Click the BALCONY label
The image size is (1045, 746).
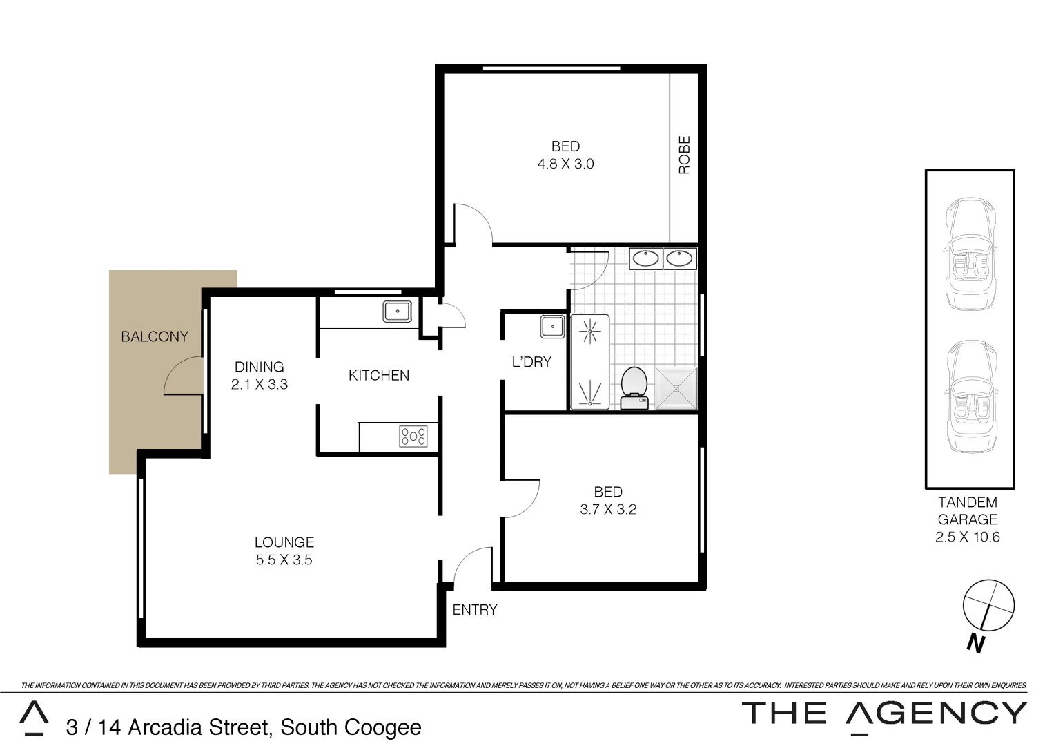pos(154,336)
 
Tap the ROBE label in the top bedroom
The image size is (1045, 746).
pos(684,155)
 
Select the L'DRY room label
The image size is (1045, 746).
pos(531,361)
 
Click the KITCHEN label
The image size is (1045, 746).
pos(378,375)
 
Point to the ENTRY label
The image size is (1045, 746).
pos(474,610)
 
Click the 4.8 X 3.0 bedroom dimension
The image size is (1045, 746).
pos(565,164)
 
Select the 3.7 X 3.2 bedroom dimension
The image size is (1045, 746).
pos(608,510)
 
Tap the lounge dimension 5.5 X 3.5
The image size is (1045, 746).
pos(284,560)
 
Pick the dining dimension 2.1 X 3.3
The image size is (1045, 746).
pos(259,385)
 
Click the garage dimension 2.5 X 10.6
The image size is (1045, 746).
pos(967,537)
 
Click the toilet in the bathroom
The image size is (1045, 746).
pos(633,387)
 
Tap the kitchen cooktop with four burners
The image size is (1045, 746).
pos(413,437)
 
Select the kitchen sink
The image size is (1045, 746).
pos(398,312)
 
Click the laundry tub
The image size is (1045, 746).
pos(552,327)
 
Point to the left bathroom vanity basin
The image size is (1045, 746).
pos(646,258)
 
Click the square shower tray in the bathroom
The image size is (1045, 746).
pos(676,389)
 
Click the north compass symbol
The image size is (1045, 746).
pos(988,606)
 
